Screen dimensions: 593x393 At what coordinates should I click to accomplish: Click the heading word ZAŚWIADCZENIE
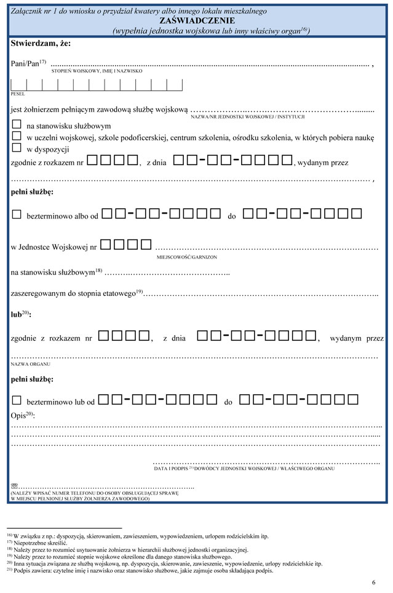tap(196, 20)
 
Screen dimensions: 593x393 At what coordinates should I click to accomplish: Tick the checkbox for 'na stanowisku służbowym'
tap(17, 125)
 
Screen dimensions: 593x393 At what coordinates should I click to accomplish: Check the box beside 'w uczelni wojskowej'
tap(17, 136)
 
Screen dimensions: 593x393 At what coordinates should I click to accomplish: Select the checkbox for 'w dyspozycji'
tap(17, 147)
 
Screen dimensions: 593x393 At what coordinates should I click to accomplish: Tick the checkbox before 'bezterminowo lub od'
tap(17, 400)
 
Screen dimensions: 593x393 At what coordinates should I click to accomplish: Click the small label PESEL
tap(17, 95)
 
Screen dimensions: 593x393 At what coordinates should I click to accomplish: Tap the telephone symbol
tap(15, 486)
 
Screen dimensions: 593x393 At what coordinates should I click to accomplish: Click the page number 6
tap(373, 582)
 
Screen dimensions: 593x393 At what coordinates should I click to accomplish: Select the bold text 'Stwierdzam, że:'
tap(41, 44)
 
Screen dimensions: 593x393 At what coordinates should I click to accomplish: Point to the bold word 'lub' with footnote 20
tap(19, 314)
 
